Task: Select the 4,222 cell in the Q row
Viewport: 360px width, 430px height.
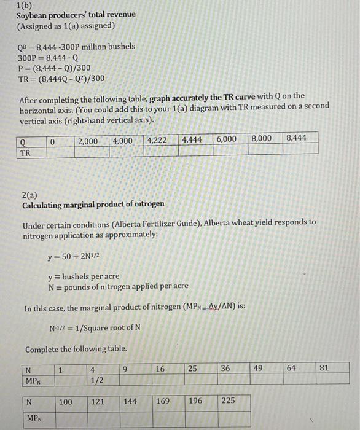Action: [157, 140]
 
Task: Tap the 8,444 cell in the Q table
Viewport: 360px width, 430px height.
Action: [296, 138]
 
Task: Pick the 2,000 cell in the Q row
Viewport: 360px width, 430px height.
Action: [88, 141]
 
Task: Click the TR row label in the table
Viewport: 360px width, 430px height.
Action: [25, 152]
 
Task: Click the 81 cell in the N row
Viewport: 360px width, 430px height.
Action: [325, 368]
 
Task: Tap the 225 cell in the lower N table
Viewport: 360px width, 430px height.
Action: [229, 402]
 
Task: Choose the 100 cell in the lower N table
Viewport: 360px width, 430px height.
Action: [65, 402]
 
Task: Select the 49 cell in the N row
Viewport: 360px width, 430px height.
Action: [259, 368]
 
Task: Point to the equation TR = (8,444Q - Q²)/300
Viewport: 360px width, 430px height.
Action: [61, 78]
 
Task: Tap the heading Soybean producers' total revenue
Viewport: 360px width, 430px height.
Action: [76, 15]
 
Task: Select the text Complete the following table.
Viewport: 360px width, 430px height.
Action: [76, 349]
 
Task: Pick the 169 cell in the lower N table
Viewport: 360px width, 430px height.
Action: [163, 402]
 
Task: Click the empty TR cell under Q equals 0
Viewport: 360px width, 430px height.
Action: [53, 152]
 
